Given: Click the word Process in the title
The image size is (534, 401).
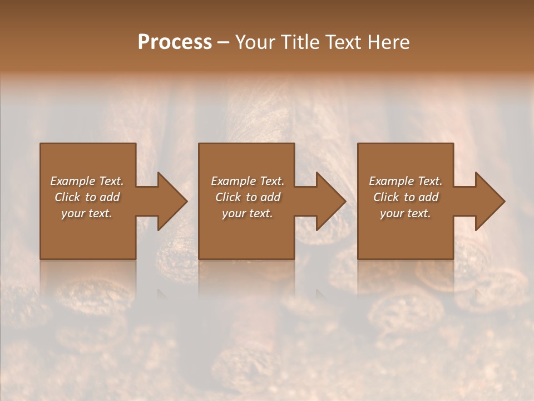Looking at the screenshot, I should [175, 42].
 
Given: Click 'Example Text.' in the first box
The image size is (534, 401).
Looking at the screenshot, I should [87, 181].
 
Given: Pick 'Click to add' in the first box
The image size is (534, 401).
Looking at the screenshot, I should [87, 197].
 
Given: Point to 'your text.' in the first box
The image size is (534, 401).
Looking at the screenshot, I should [87, 213].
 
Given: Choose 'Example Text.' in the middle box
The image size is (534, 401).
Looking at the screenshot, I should [248, 181].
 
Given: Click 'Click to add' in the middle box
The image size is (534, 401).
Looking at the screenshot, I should [248, 197].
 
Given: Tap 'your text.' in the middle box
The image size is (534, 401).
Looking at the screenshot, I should [248, 213].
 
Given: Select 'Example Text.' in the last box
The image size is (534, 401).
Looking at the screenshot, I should [406, 181].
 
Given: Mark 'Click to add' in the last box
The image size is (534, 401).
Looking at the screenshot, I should [406, 197].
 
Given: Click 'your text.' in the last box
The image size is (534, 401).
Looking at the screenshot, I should [406, 213].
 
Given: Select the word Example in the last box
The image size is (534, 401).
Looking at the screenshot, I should [390, 181].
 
